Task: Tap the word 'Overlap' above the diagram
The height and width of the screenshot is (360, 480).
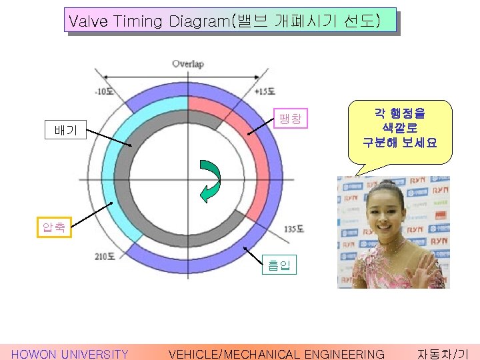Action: click(x=188, y=64)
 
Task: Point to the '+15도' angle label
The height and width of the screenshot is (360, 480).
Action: click(x=265, y=91)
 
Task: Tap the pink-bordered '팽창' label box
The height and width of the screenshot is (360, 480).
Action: click(x=290, y=119)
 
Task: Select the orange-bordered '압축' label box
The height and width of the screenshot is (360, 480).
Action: click(x=54, y=228)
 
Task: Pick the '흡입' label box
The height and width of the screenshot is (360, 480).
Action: click(x=275, y=265)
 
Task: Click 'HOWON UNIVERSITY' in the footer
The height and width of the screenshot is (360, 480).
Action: click(x=70, y=354)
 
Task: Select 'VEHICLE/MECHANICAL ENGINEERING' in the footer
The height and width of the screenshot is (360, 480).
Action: click(x=277, y=354)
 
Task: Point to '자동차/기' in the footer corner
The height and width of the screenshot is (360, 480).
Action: click(x=443, y=354)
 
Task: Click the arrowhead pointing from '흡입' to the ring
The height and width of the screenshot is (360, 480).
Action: click(x=246, y=249)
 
